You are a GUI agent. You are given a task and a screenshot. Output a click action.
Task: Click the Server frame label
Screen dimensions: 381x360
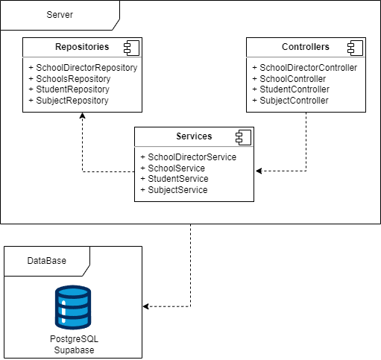(60, 15)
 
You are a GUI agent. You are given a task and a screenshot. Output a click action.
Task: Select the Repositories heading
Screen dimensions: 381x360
(82, 47)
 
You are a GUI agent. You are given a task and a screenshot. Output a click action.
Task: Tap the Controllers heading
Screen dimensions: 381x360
(306, 47)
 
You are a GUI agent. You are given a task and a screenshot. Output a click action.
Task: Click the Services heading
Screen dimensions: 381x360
(194, 136)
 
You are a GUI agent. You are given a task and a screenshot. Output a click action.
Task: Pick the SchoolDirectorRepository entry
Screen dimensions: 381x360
(83, 68)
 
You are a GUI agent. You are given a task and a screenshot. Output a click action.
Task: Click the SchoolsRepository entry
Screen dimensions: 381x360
(69, 79)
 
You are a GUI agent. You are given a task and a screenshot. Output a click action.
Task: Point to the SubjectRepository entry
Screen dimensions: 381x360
(69, 101)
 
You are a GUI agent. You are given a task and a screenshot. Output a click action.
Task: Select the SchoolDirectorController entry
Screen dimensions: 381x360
(305, 68)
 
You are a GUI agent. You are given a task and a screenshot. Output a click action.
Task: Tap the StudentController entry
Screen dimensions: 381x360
(291, 89)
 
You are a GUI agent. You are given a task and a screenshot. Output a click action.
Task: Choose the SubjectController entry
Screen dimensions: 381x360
(290, 101)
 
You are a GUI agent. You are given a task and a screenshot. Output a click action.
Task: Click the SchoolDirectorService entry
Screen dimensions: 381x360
(189, 157)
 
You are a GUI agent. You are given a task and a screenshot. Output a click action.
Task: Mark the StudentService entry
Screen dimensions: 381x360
(174, 179)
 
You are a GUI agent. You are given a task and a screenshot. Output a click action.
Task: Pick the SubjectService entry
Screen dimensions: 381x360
(174, 190)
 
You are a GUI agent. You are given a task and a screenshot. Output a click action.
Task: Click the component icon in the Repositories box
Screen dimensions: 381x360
(131, 48)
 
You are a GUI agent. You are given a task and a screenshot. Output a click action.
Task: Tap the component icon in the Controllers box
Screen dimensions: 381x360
(355, 48)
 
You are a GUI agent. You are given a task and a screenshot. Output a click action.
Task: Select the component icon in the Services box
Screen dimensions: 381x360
(243, 137)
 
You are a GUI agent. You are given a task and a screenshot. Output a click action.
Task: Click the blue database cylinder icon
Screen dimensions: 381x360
(73, 307)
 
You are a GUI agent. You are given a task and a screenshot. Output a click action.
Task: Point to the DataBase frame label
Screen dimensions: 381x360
(47, 261)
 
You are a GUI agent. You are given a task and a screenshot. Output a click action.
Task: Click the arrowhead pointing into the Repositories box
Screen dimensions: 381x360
(82, 116)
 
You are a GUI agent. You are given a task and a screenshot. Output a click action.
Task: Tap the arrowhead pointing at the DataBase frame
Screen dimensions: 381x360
(146, 306)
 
